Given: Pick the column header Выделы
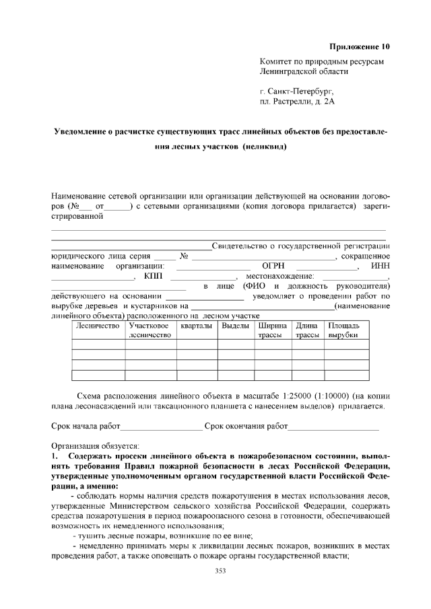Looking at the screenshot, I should point(235,326).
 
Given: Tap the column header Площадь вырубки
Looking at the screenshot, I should point(343,330).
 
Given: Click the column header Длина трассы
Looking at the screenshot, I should point(307,330).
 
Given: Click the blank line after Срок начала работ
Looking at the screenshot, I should point(161,427).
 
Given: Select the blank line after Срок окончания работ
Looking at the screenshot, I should point(333,427).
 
